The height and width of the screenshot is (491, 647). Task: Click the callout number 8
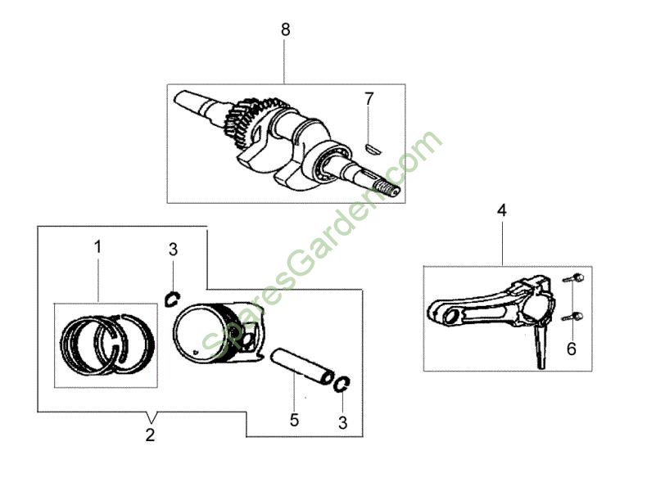286,29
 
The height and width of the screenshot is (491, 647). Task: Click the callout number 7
369,99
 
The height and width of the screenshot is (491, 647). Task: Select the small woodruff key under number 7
374,148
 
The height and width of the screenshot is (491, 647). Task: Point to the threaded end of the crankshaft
389,189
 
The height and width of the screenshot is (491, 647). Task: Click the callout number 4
502,210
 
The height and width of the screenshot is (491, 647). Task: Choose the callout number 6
571,349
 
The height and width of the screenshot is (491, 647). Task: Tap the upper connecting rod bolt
573,278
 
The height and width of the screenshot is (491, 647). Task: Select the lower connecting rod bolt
572,317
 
